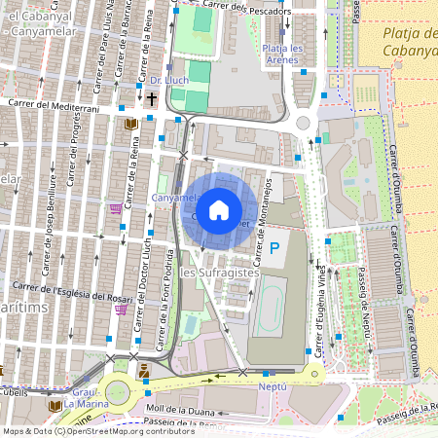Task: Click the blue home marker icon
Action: (219, 209)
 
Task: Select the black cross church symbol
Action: (151, 98)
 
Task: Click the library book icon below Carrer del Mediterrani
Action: (131, 125)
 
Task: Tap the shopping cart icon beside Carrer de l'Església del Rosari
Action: (121, 310)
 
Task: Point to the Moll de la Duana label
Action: (181, 410)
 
